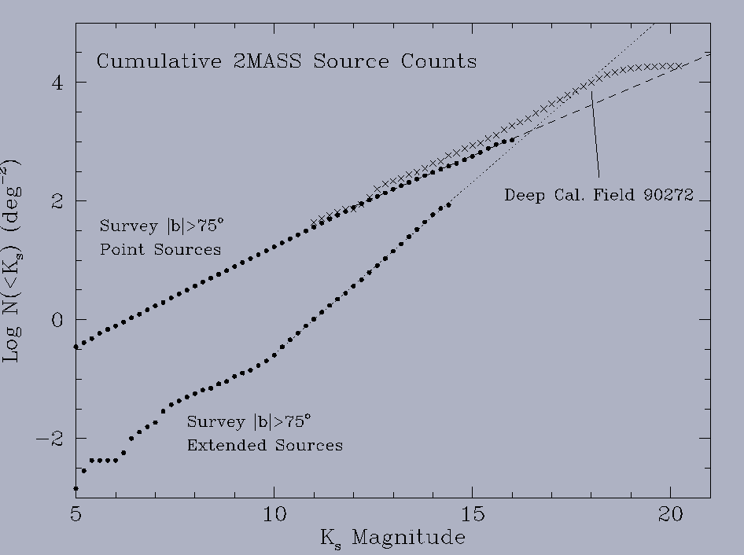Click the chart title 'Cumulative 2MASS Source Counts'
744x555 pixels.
coord(286,61)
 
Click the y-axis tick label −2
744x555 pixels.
coord(52,439)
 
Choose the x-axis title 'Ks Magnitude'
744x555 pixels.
coord(392,538)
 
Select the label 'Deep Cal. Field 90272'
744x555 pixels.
coord(599,195)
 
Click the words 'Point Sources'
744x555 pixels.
coord(160,250)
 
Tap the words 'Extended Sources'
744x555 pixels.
coord(264,446)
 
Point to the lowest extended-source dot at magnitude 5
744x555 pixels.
coord(76,488)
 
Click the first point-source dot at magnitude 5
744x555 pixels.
coord(76,347)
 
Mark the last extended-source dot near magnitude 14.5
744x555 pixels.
coord(448,205)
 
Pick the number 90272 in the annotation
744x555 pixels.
coord(665,195)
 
